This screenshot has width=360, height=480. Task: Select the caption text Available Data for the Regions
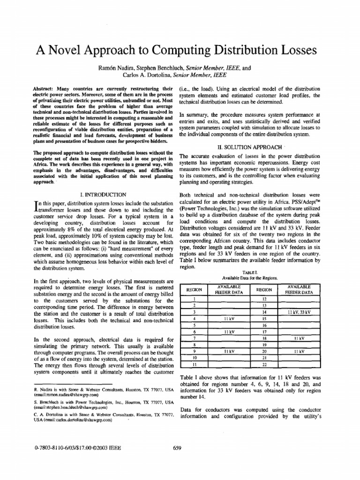point(249,278)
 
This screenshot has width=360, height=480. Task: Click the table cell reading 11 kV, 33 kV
point(300,312)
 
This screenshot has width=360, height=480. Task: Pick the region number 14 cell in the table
point(264,312)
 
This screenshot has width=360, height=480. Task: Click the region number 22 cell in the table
point(264,364)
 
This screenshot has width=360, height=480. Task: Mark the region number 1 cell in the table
point(195,299)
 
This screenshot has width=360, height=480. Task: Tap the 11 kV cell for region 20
point(300,351)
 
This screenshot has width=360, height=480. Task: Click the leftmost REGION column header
point(195,289)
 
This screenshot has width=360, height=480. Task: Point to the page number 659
point(177,448)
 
